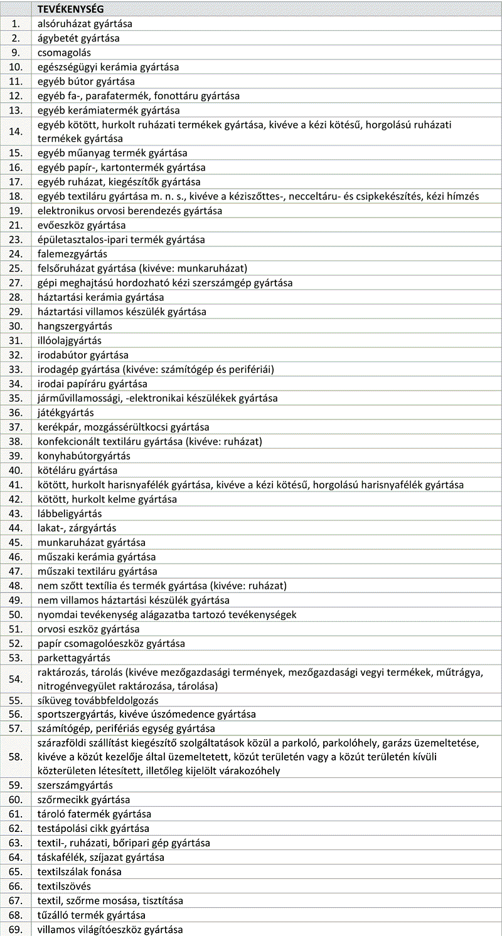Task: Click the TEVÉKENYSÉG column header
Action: coord(71,9)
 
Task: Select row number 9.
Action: coord(16,53)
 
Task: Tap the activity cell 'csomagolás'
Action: coord(64,53)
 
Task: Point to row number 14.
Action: coord(16,132)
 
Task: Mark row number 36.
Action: coord(16,413)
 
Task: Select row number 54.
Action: coord(16,679)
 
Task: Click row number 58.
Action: coord(16,757)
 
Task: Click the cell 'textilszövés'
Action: coord(64,886)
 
